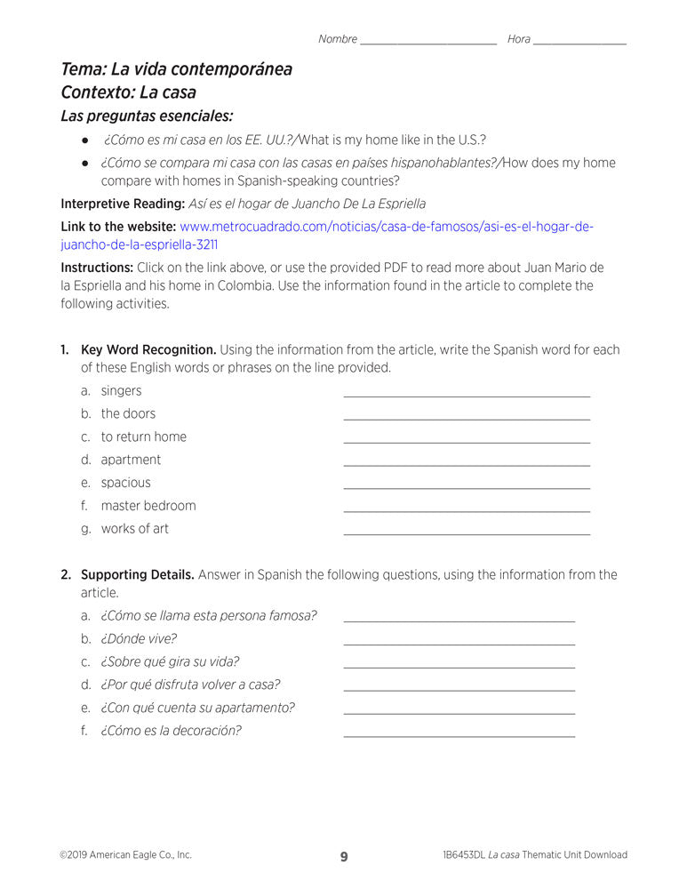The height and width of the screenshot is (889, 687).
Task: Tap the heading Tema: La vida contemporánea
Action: click(x=176, y=69)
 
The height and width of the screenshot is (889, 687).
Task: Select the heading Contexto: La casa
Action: click(x=129, y=92)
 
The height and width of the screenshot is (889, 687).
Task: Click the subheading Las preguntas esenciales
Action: click(x=147, y=116)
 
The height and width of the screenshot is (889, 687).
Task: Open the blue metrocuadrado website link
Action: click(x=386, y=227)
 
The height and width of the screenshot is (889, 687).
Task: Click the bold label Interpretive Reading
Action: click(x=123, y=204)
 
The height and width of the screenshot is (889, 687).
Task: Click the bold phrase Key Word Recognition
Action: click(x=148, y=349)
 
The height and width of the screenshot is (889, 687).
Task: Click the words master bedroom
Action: click(x=148, y=506)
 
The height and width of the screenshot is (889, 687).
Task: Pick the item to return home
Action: click(x=144, y=436)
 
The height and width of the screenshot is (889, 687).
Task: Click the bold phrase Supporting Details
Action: click(x=138, y=575)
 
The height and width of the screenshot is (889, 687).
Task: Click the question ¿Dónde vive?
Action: click(x=139, y=638)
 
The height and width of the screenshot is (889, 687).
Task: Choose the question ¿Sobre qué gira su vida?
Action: click(x=170, y=661)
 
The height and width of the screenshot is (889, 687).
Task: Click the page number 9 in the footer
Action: click(x=344, y=857)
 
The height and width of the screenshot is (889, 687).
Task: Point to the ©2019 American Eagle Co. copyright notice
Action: click(x=125, y=855)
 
